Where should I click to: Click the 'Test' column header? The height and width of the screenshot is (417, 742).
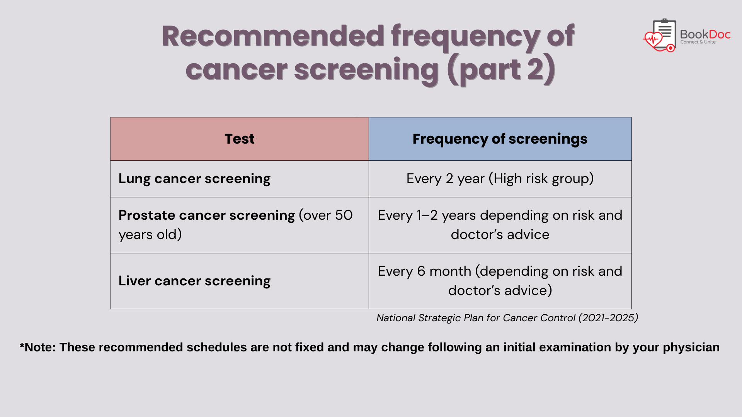[240, 139]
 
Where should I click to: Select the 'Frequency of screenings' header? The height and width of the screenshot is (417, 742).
[500, 139]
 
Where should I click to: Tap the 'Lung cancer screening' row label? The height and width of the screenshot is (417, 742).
[194, 179]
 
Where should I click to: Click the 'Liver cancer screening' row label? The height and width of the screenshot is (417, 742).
[194, 281]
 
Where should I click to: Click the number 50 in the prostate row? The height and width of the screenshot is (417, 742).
[344, 215]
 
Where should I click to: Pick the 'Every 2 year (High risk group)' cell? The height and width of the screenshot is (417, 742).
[500, 179]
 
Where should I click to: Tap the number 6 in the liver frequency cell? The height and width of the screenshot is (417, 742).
[421, 271]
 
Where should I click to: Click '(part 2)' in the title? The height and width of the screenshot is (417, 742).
[501, 70]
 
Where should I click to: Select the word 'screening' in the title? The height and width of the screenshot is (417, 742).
[366, 71]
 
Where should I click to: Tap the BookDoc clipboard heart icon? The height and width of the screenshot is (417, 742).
[660, 36]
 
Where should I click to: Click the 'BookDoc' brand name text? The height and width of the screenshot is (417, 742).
[705, 34]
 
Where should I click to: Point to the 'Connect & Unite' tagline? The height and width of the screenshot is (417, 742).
[698, 42]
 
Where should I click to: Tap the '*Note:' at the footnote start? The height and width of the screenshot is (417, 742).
[37, 347]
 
